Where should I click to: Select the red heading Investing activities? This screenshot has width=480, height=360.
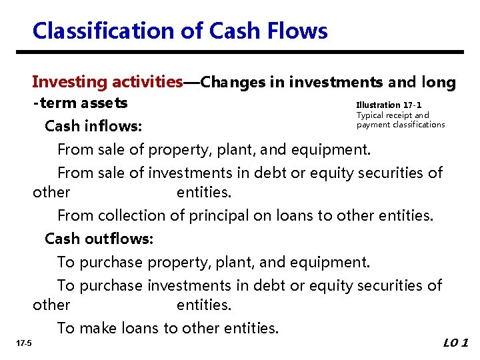(107, 82)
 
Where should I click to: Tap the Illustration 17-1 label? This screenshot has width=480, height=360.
(389, 105)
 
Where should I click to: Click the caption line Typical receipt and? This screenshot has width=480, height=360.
(393, 115)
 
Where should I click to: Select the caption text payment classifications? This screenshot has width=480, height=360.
(400, 125)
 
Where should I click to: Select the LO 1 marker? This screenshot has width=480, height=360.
(456, 343)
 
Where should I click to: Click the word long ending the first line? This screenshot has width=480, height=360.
(439, 82)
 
